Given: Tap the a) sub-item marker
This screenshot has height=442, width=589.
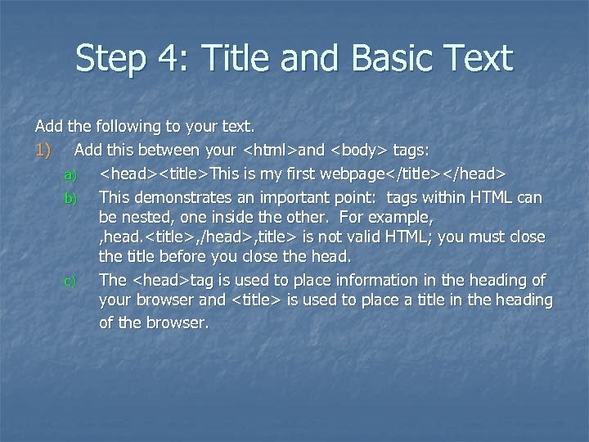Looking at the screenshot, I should pyautogui.click(x=70, y=175).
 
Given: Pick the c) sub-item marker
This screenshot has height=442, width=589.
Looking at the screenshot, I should pyautogui.click(x=70, y=282).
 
